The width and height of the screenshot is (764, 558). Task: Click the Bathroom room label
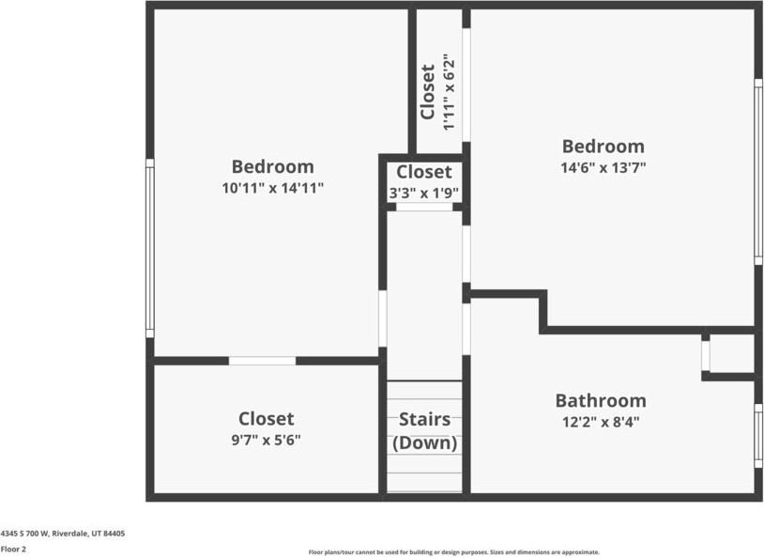[600, 400]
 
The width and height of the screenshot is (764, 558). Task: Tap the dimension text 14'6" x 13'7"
[603, 167]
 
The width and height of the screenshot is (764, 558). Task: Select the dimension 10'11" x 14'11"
[272, 188]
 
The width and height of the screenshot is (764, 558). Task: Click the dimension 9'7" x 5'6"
[266, 439]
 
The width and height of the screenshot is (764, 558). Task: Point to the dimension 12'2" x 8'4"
[600, 422]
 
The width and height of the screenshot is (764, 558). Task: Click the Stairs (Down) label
[424, 431]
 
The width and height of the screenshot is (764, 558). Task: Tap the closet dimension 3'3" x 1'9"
[423, 193]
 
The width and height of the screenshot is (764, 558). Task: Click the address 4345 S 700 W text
[63, 534]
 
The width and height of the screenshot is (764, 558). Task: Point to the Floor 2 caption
[13, 549]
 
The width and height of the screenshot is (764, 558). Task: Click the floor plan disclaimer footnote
[453, 552]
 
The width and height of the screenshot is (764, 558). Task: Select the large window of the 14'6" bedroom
[758, 171]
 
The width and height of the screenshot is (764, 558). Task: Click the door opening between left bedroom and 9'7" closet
[262, 361]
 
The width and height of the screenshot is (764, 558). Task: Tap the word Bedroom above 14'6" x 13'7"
[603, 147]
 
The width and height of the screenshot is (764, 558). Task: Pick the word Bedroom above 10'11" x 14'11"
[272, 167]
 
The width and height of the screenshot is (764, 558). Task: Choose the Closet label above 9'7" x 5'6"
[266, 419]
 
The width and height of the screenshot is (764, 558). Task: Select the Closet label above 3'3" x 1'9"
[423, 172]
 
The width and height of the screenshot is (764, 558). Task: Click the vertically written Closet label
[428, 92]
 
